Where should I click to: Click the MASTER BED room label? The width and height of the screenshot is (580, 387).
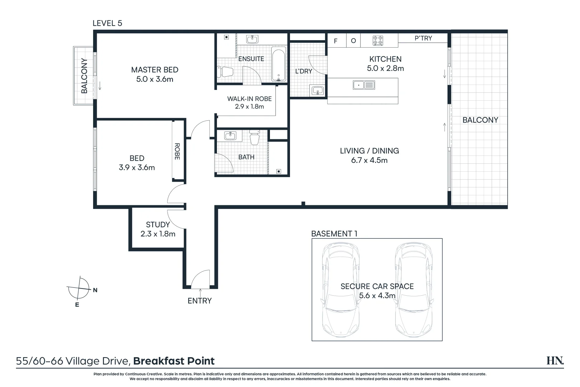click(155, 70)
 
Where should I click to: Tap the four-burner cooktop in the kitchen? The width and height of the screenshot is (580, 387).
click(378, 41)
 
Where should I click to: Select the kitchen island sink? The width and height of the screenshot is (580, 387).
click(364, 85)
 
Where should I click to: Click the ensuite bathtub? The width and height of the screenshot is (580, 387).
click(279, 64)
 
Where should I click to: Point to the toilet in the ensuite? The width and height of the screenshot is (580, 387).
click(225, 72)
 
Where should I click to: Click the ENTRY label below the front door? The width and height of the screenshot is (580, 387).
click(200, 301)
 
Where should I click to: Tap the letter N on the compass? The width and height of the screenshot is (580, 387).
click(95, 290)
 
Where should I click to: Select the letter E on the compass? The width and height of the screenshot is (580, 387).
click(77, 305)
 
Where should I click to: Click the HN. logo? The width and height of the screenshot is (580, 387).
click(555, 360)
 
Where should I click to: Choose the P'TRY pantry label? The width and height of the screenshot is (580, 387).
click(423, 38)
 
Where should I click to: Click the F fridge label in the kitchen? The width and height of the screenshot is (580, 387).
click(335, 41)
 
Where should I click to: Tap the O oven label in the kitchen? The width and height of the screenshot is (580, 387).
click(353, 41)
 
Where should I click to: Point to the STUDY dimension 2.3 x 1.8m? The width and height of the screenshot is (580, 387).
click(158, 234)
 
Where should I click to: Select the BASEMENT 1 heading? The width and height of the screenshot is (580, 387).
click(334, 234)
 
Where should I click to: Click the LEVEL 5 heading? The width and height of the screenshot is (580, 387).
click(107, 23)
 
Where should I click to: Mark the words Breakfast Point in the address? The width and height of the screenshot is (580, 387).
click(174, 361)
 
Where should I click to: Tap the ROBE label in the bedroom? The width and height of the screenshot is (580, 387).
click(177, 151)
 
